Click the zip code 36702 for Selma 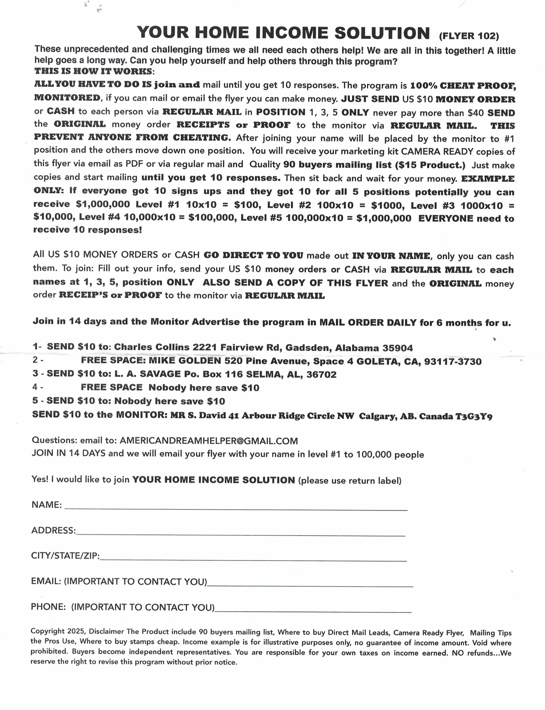point(321,374)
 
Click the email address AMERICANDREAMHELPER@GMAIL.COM point(209,441)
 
